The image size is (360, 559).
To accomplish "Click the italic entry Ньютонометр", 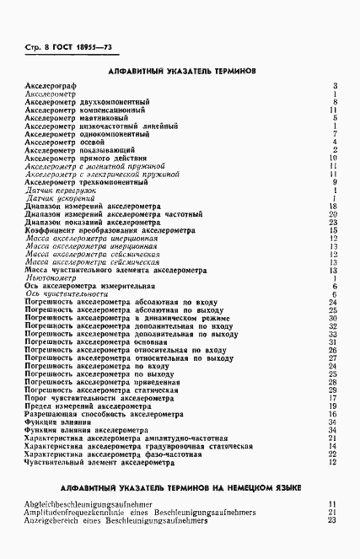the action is pos(51,277).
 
